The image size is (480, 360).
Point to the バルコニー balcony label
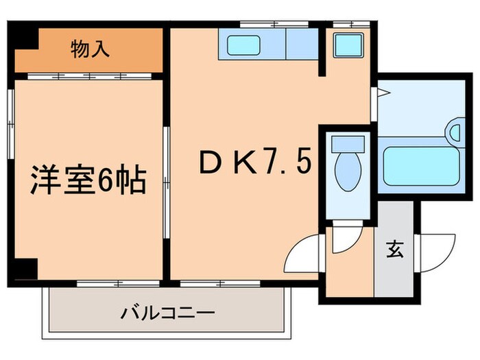coord(169,313)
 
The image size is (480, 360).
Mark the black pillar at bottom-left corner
coord(25,271)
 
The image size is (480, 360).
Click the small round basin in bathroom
coord(455,128)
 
